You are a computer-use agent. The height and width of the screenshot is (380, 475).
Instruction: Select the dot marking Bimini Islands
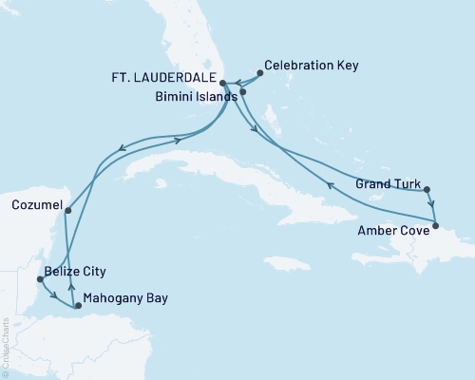click(x=243, y=92)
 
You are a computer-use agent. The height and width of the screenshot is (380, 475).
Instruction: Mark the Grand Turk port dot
click(x=427, y=188)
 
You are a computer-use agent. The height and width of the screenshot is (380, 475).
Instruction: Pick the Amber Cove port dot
click(x=436, y=225)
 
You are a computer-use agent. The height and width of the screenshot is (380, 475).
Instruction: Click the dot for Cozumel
click(x=68, y=209)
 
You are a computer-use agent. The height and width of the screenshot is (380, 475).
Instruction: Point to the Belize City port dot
click(x=39, y=279)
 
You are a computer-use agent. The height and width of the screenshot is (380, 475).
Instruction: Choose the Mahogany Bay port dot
click(x=66, y=305)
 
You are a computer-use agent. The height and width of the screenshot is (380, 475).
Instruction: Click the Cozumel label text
click(x=36, y=204)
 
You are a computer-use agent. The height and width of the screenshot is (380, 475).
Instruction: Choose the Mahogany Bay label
click(x=125, y=298)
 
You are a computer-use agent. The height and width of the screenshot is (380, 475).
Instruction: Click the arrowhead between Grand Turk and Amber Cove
click(x=432, y=204)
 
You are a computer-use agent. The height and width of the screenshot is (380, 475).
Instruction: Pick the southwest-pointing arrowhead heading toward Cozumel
click(x=123, y=146)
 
